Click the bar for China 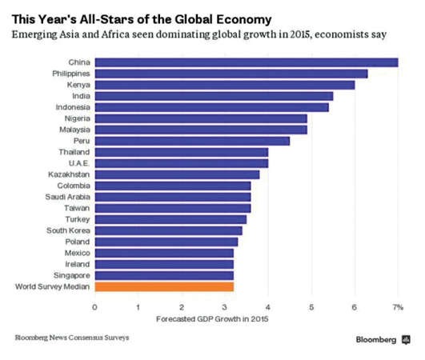[247, 62]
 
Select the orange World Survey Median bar [164, 287]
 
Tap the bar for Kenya [225, 85]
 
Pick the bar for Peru [192, 141]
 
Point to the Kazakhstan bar [177, 174]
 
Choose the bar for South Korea [168, 230]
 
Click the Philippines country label [71, 74]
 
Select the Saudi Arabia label [67, 197]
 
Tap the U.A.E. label [79, 163]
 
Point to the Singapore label [71, 276]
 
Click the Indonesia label [73, 107]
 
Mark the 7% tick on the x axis [398, 307]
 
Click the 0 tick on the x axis [94, 307]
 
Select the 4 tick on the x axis [268, 307]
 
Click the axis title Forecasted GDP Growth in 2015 [212, 319]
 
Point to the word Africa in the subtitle [115, 34]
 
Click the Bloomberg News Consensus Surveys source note [72, 338]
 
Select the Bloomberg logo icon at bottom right [406, 340]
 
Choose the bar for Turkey [170, 220]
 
